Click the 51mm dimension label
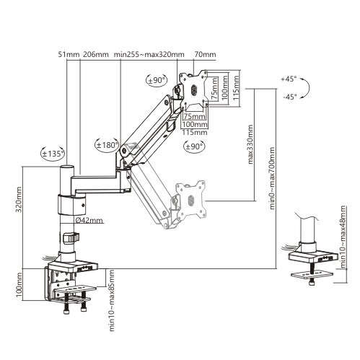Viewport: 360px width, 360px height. (x=69, y=54)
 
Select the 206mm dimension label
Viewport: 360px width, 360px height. (x=96, y=54)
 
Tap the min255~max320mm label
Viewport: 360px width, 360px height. (x=149, y=54)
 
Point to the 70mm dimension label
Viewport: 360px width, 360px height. (x=205, y=54)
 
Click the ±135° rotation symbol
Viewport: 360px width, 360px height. (x=53, y=153)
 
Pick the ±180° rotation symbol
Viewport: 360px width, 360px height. (x=107, y=145)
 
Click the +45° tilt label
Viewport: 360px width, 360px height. (x=289, y=79)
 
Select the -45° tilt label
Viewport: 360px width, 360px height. (x=290, y=97)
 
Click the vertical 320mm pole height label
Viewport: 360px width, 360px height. (x=19, y=199)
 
